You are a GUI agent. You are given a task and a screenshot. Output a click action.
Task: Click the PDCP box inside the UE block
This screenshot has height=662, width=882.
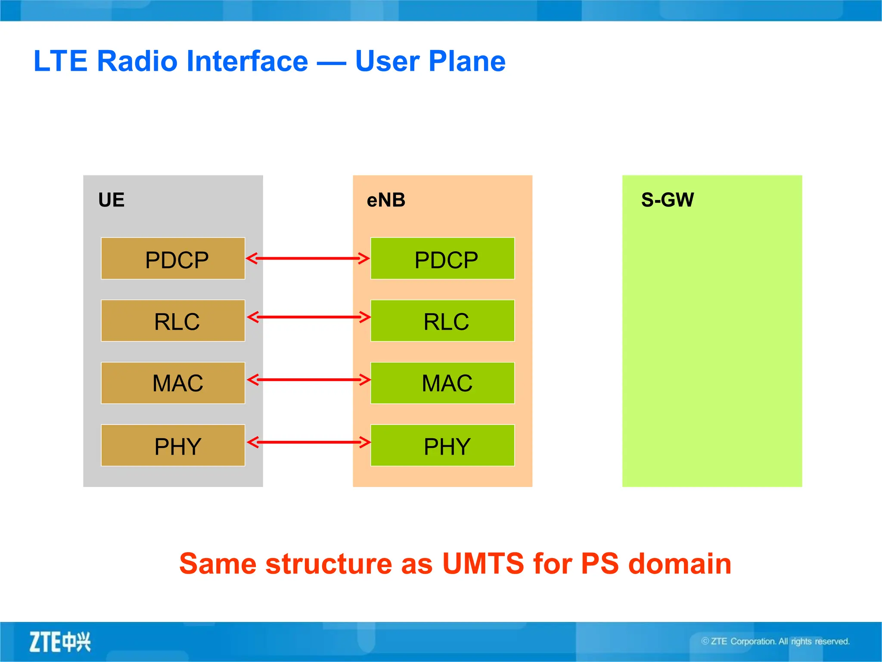173,259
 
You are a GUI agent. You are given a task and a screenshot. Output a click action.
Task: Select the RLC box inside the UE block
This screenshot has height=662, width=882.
173,321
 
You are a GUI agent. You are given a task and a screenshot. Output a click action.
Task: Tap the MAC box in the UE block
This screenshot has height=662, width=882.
173,383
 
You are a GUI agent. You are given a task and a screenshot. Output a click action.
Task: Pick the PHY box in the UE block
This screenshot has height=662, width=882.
173,445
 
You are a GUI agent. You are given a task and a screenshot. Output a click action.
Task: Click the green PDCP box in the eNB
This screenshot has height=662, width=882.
442,259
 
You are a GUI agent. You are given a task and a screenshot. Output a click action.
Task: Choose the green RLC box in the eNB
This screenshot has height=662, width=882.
442,321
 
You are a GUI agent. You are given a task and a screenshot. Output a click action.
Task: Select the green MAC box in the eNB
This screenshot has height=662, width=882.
442,383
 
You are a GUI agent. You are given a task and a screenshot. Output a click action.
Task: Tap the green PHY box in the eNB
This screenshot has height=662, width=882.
442,445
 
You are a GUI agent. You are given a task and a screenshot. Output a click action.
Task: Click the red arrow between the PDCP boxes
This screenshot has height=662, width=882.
307,259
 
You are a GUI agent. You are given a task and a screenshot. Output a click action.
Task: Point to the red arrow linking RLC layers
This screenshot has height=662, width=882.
308,317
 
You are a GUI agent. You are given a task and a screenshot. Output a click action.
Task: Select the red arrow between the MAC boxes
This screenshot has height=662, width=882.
308,380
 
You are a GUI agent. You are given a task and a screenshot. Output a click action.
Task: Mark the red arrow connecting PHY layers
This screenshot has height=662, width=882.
308,442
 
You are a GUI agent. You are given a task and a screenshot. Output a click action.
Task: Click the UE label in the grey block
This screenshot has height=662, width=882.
111,200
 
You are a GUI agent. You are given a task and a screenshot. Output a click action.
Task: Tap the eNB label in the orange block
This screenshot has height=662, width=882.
386,200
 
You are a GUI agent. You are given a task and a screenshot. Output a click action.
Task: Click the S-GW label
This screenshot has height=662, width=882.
667,200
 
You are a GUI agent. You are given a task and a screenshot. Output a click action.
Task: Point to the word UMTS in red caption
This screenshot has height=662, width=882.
483,563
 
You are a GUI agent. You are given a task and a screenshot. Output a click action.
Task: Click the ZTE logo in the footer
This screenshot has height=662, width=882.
60,642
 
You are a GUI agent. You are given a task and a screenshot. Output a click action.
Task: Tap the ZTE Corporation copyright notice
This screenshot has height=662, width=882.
775,641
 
